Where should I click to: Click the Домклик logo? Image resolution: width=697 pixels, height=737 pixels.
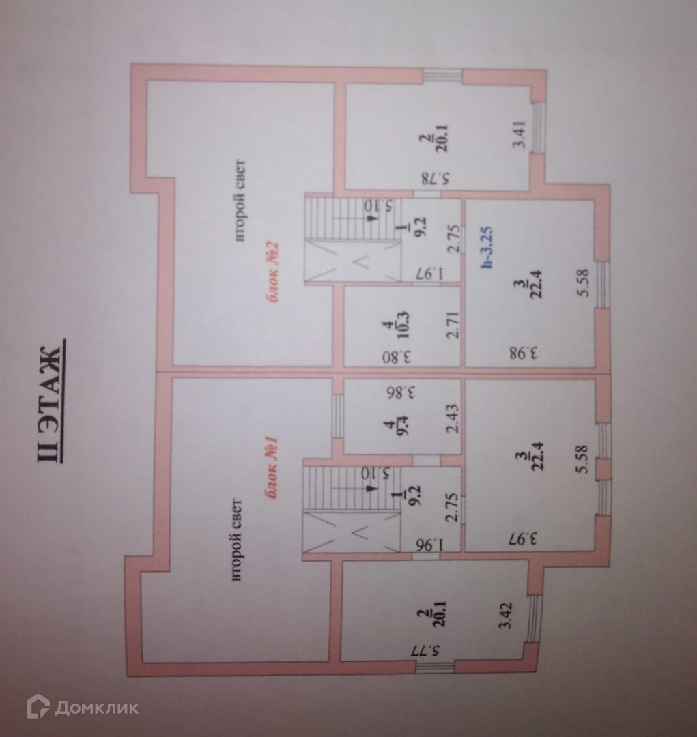point(82,707)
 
